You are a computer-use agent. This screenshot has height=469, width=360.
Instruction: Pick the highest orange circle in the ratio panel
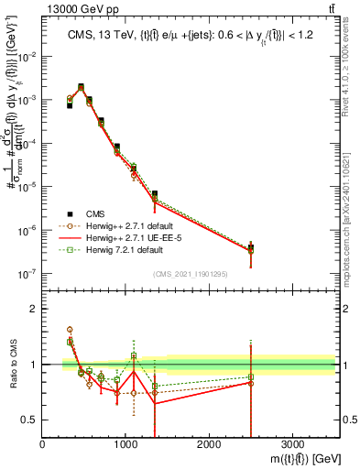(71, 329)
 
